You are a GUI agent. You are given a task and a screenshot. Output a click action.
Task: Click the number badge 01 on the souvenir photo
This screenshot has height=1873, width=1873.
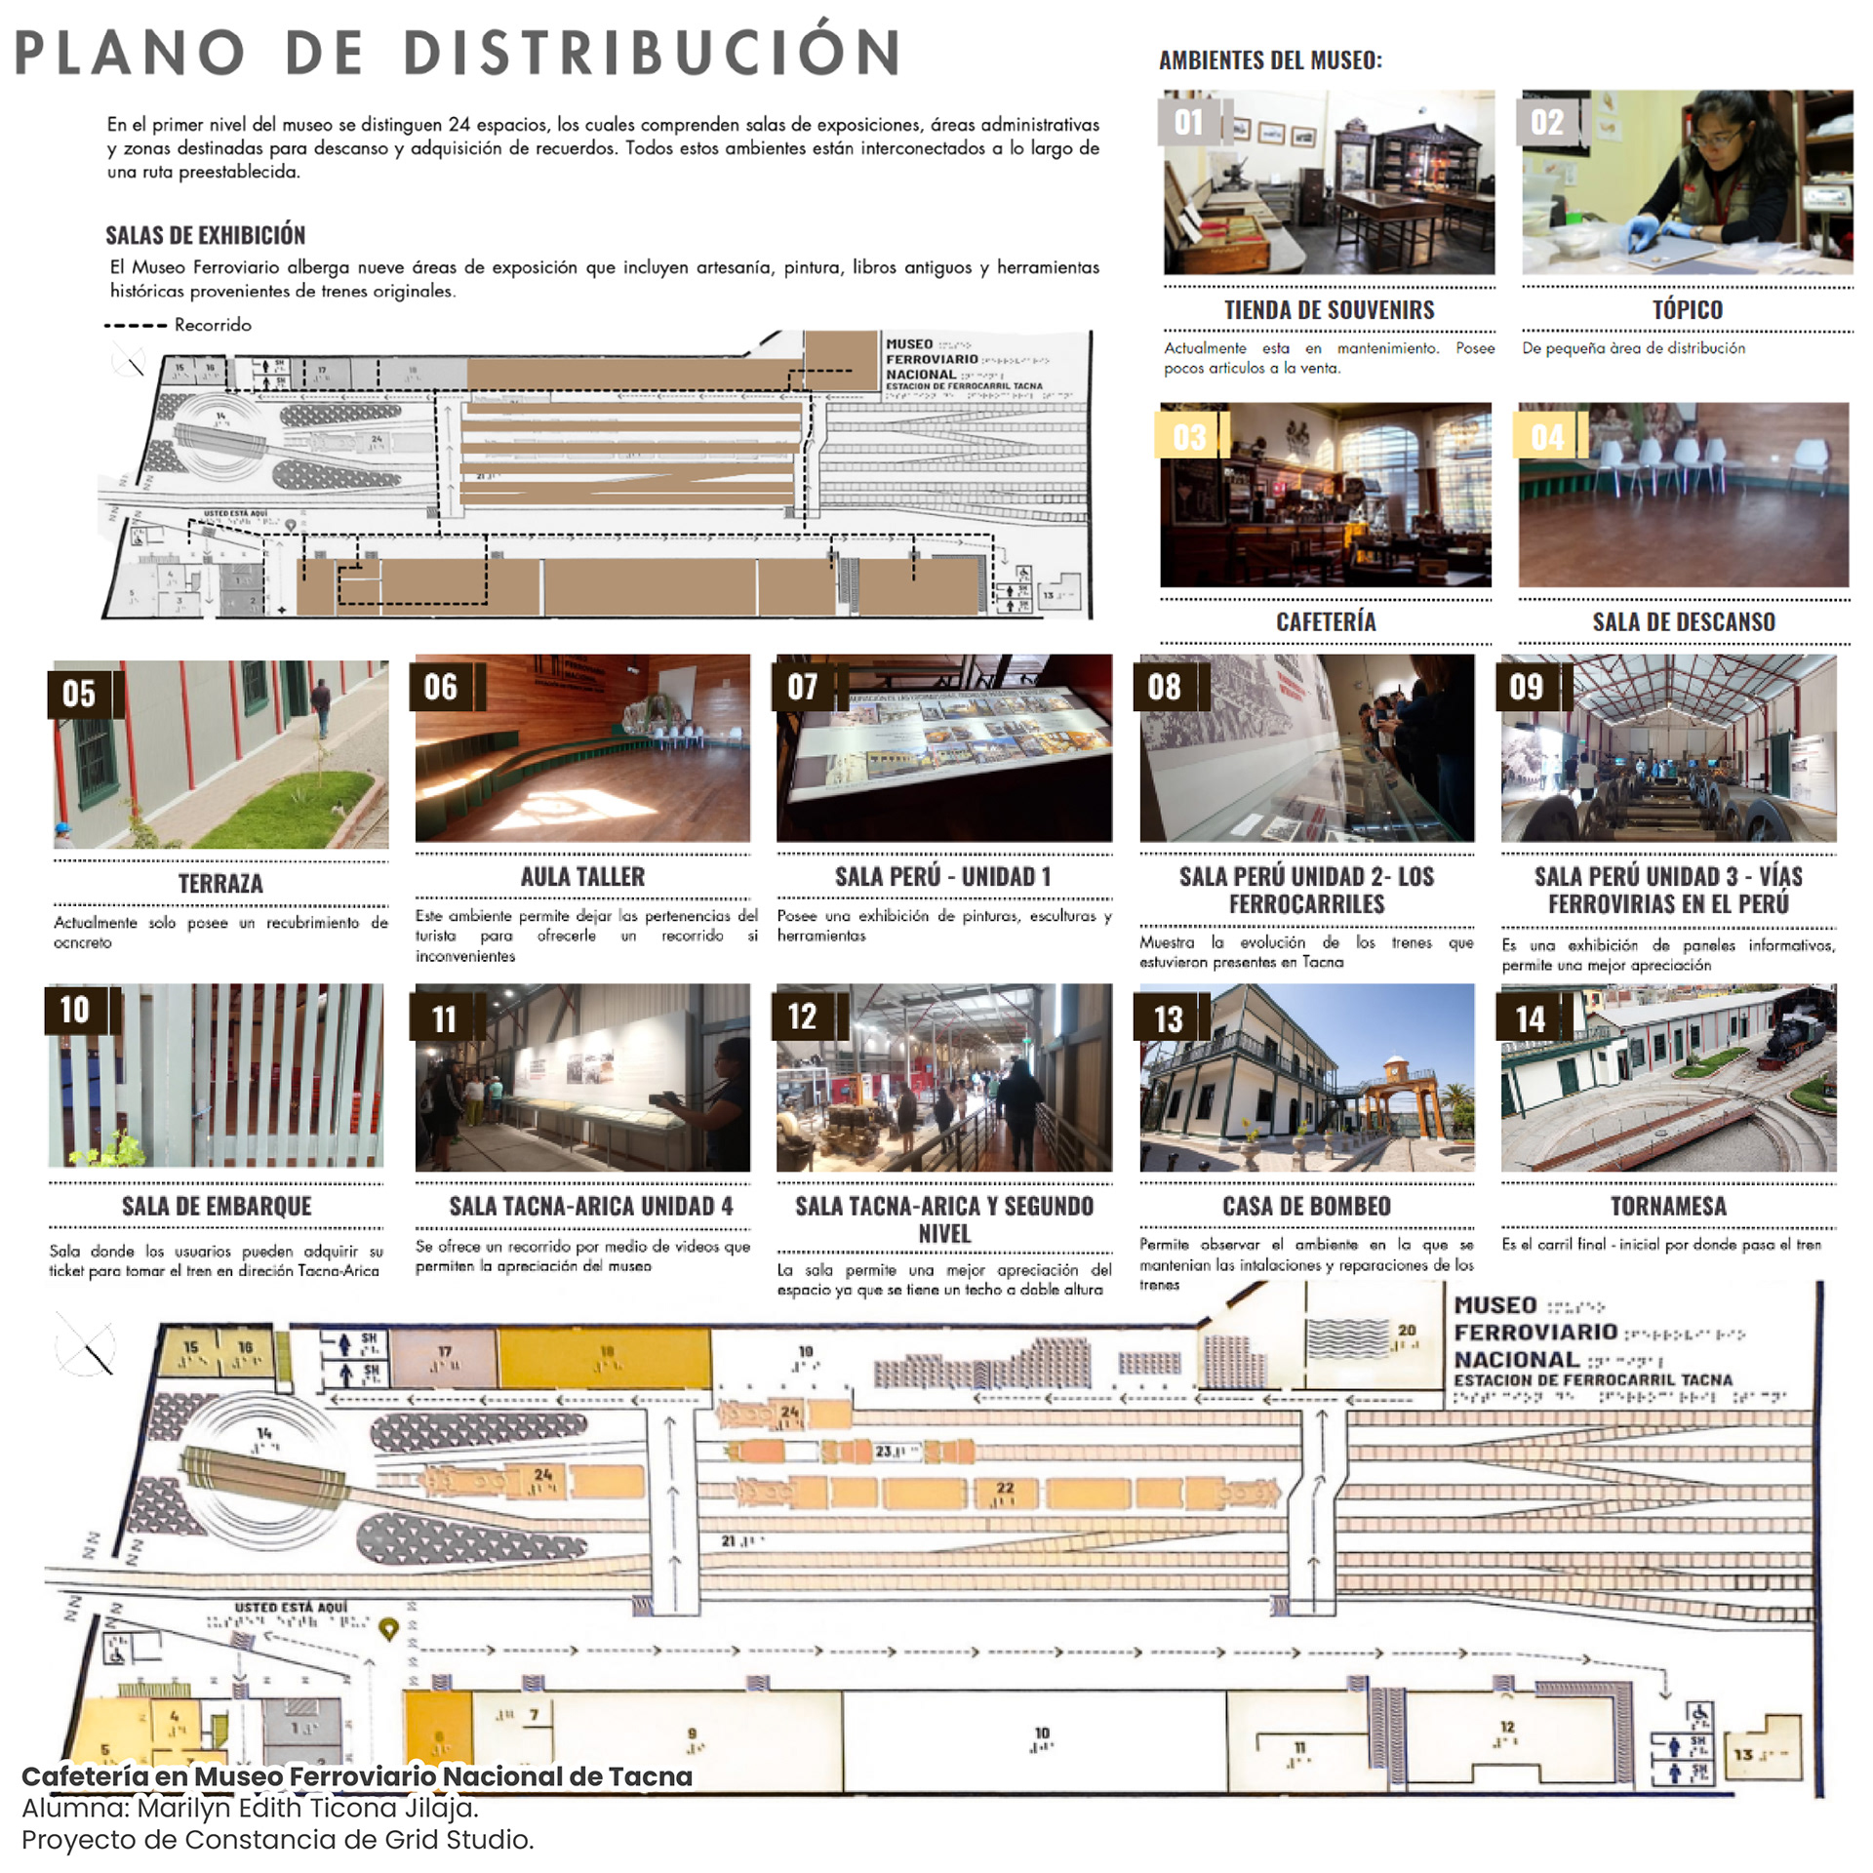click(x=1187, y=122)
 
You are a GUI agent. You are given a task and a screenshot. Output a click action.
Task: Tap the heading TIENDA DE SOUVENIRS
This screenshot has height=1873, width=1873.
click(x=1329, y=310)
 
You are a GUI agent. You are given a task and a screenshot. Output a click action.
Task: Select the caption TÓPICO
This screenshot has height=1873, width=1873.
click(x=1687, y=310)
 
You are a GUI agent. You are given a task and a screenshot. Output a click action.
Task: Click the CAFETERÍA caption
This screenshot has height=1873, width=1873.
click(x=1326, y=622)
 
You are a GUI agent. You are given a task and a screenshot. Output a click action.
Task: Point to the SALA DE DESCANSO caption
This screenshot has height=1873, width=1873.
click(x=1684, y=622)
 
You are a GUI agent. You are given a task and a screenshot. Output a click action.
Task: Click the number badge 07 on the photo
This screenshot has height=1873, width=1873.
click(x=803, y=687)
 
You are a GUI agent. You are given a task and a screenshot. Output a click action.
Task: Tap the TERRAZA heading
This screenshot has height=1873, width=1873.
click(x=220, y=884)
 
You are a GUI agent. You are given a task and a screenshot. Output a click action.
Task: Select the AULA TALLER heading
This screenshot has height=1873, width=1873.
click(x=582, y=877)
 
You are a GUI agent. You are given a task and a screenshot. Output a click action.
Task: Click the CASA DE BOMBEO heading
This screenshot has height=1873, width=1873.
click(x=1306, y=1207)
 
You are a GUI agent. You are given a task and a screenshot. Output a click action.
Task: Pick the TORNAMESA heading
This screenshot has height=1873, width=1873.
click(x=1668, y=1207)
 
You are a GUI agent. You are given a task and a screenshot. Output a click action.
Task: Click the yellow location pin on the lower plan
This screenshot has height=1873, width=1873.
click(x=388, y=1627)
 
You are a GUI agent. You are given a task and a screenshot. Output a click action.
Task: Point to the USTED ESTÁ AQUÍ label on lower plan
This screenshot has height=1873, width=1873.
click(x=290, y=1607)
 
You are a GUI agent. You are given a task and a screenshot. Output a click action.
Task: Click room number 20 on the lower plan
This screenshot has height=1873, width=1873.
click(x=1407, y=1330)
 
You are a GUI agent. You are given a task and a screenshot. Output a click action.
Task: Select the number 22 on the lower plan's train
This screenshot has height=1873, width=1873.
click(x=1005, y=1489)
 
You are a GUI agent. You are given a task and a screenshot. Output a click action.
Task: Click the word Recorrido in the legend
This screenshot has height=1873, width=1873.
click(x=213, y=325)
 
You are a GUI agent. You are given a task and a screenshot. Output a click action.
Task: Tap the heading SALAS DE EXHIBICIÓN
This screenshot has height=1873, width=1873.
click(x=205, y=235)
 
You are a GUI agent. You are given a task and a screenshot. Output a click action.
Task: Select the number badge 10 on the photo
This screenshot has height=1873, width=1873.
click(x=75, y=1010)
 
